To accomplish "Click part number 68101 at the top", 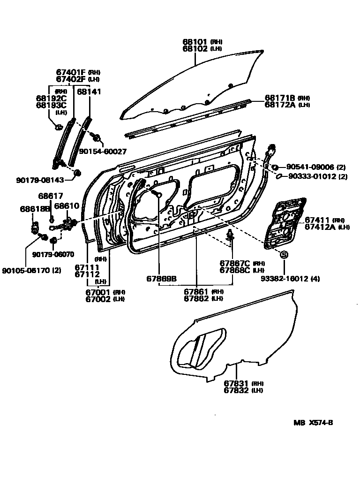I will click(x=195, y=42).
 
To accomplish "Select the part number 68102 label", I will click(x=195, y=48).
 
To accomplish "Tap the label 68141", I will click(x=89, y=92).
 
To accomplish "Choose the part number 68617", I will click(x=50, y=196).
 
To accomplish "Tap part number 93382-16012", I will click(x=286, y=279).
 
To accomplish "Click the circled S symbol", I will click(x=284, y=255).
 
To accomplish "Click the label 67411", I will click(x=318, y=220).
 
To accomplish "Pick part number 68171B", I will click(x=280, y=98).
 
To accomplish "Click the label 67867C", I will click(x=235, y=263).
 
